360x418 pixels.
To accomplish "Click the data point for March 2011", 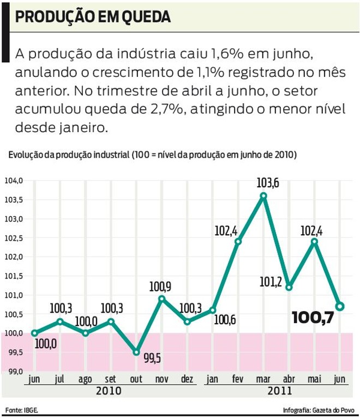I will pos(263,196).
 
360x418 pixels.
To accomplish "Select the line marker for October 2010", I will pos(136,353).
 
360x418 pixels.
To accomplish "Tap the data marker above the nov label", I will pos(162,298).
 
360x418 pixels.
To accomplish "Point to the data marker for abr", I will pos(289,287).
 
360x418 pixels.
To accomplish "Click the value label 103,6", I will pos(268,183).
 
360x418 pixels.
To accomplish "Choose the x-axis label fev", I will pos(238,379).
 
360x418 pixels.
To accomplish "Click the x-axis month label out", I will pos(136,379).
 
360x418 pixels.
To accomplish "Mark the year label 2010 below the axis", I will pos(109,391).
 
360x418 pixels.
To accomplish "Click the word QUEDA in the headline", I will pos(146,17).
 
